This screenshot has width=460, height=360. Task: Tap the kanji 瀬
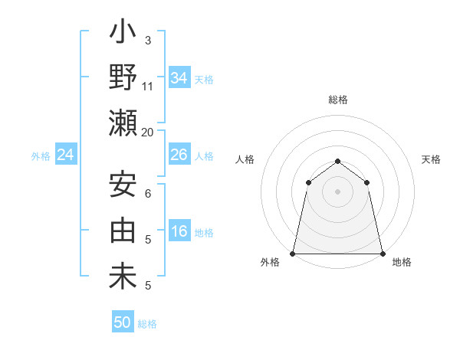pos(123,123)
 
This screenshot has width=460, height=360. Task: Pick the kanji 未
pos(123,277)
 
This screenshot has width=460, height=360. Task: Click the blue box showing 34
pos(179,78)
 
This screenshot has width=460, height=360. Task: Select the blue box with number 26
pos(179,155)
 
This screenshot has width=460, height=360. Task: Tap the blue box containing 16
pos(179,232)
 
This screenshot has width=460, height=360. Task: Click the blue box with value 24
pos(66,155)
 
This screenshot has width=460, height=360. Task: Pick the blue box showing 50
pos(122,322)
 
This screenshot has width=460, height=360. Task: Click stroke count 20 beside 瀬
pos(148,133)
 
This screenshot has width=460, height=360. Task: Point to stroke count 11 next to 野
pos(148,87)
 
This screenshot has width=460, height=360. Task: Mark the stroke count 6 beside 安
pos(148,194)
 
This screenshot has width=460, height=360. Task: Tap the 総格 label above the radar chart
pos(338,100)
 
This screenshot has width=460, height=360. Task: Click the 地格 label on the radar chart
pos(402,263)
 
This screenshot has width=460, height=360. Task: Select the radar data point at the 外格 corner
pos(293,253)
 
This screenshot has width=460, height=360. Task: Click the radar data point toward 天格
pos(367,182)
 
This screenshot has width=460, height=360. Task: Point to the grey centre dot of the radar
pos(337,191)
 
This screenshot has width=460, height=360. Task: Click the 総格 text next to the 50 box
pos(148,324)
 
